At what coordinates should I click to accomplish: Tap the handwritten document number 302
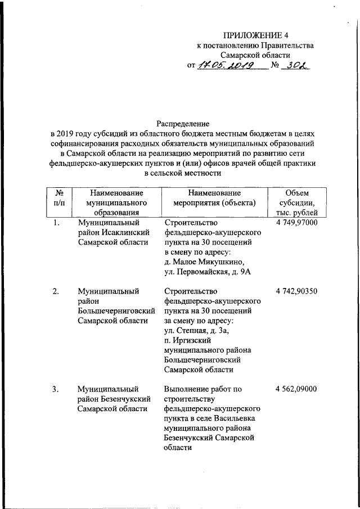pyautogui.click(x=296, y=65)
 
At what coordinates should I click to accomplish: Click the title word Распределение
pyautogui.click(x=183, y=123)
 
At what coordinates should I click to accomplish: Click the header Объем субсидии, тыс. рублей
pyautogui.click(x=297, y=202)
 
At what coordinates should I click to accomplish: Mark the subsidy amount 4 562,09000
pyautogui.click(x=297, y=389)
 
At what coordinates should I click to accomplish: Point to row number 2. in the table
pyautogui.click(x=56, y=291)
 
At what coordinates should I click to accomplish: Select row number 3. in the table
pyautogui.click(x=56, y=389)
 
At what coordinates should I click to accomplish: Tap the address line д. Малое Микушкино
pyautogui.click(x=204, y=262)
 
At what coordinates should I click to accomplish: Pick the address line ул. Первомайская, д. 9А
pyautogui.click(x=206, y=272)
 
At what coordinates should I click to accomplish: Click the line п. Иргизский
pyautogui.click(x=187, y=341)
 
